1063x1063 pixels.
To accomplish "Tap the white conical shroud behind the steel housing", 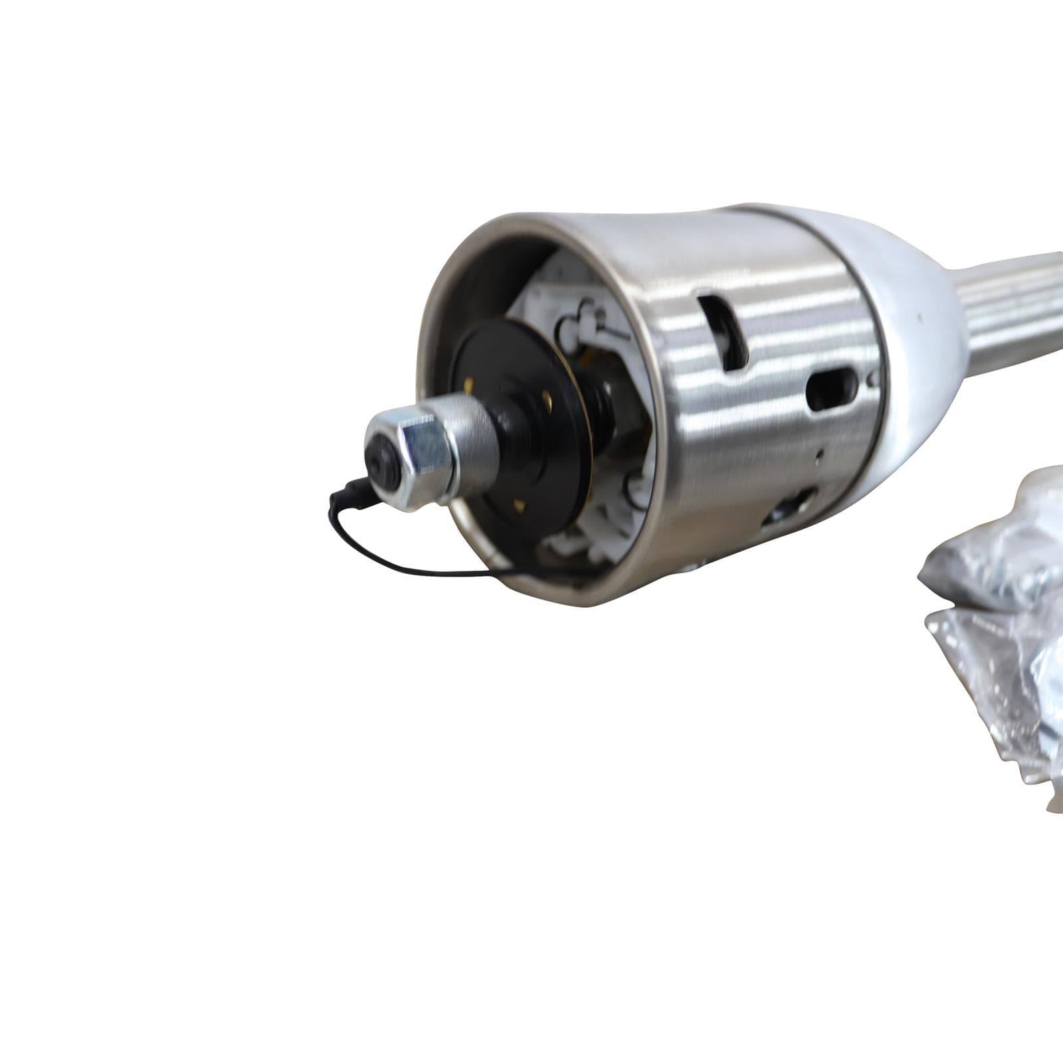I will click(910, 332).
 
